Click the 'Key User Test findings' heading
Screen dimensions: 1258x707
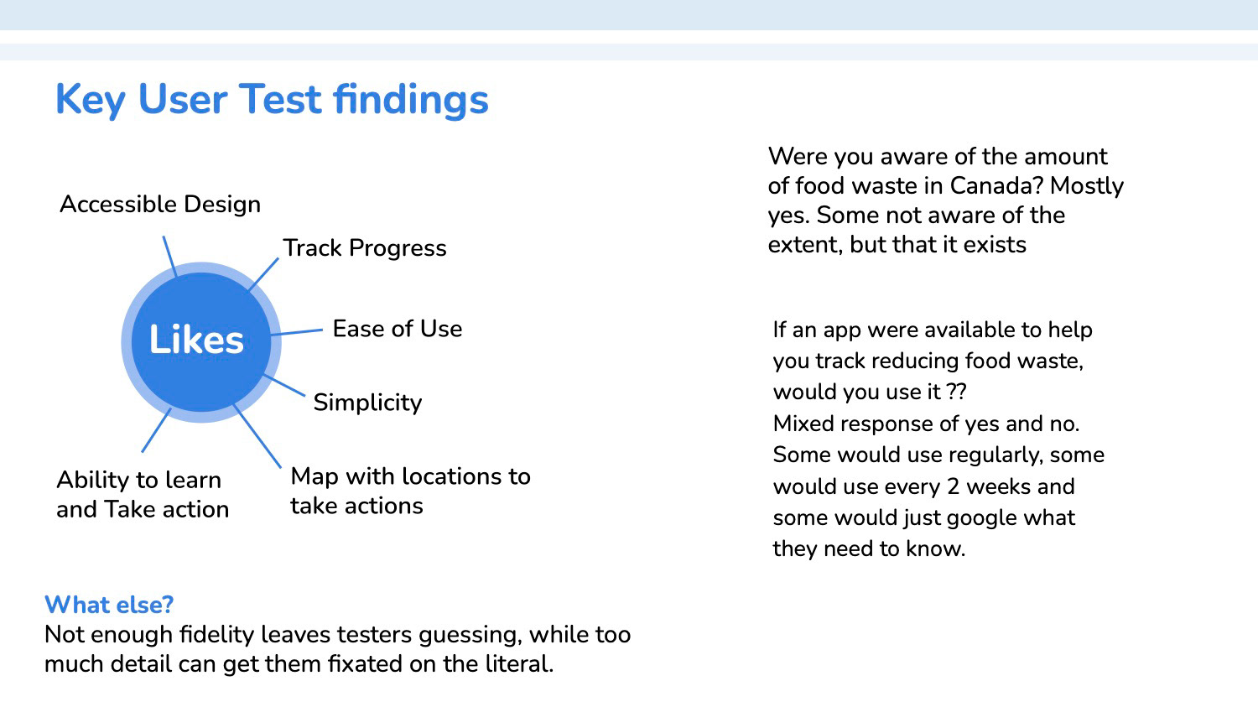(x=272, y=100)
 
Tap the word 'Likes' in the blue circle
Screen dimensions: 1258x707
(x=196, y=340)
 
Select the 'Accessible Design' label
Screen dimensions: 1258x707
(x=160, y=205)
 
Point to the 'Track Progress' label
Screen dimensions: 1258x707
(x=365, y=248)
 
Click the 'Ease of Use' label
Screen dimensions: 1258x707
(x=397, y=329)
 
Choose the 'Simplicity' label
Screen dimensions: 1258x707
(x=367, y=403)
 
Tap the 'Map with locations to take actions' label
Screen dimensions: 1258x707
(x=410, y=491)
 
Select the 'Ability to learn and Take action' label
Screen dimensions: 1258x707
(x=143, y=495)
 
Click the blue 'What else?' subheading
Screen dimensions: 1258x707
(x=109, y=605)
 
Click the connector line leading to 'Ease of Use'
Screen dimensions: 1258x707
(x=297, y=332)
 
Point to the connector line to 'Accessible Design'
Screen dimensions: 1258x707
(x=169, y=257)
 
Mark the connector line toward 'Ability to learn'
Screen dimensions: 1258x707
(x=156, y=430)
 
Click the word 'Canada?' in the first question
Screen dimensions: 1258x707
(x=996, y=186)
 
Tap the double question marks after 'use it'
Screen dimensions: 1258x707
(x=956, y=392)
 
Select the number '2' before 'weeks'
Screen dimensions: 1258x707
(x=953, y=486)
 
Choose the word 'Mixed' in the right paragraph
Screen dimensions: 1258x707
(x=803, y=424)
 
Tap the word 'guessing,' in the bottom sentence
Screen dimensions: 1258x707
(x=470, y=636)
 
